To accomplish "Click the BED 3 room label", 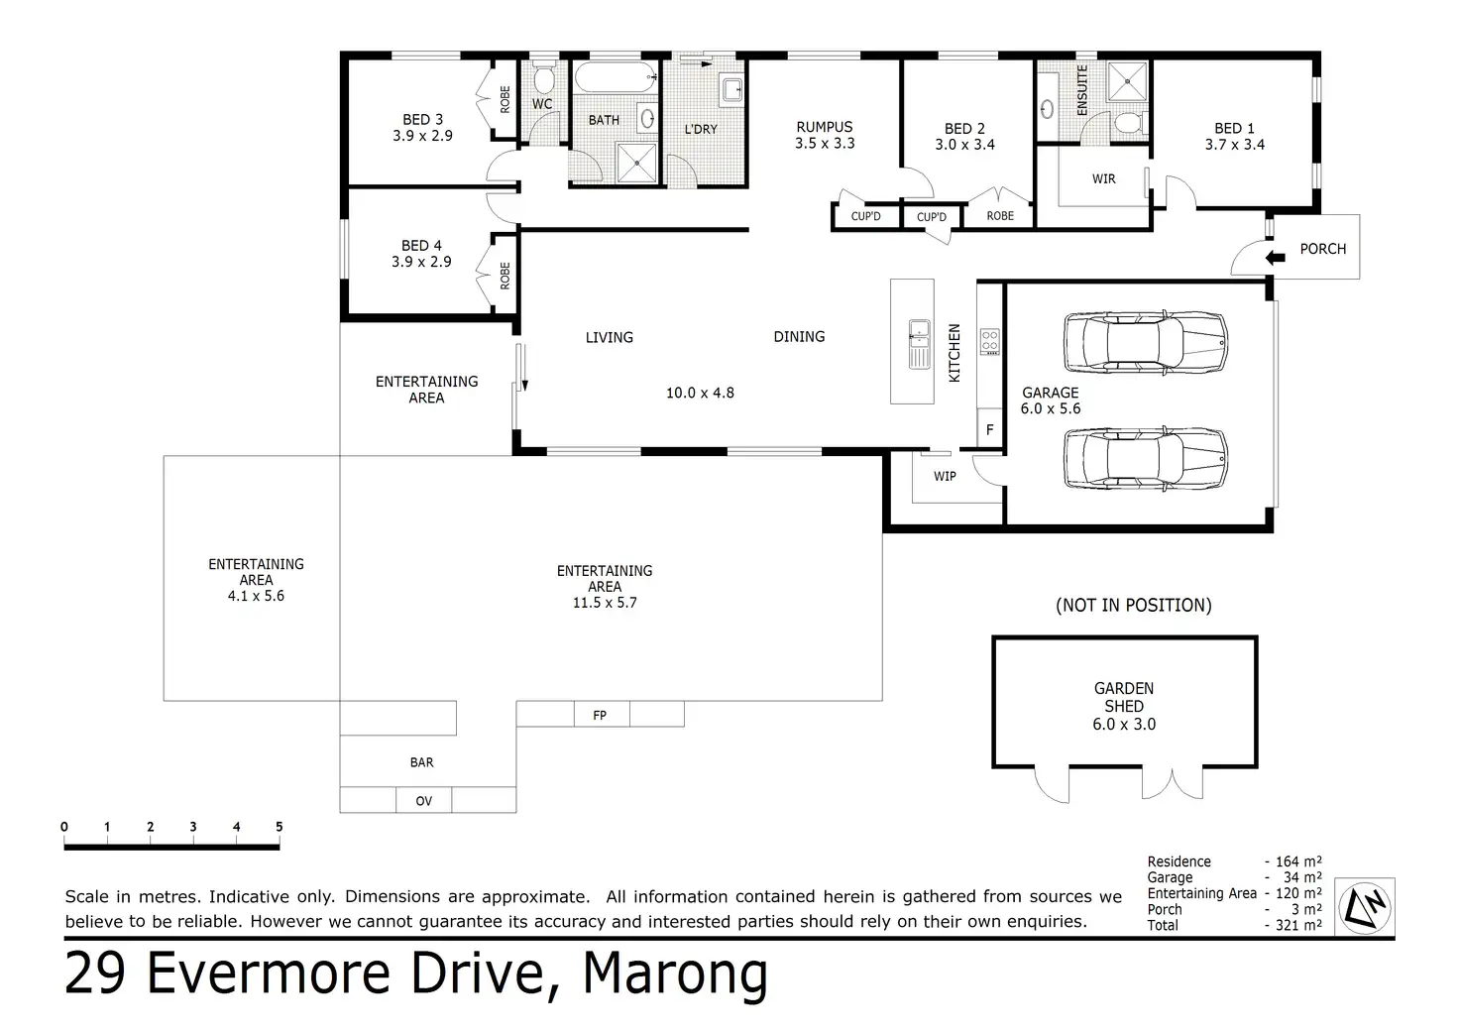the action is coord(422,120).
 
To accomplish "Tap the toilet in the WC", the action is coord(543,77).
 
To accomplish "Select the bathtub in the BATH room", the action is coord(616,77).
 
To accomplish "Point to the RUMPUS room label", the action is coord(824,127).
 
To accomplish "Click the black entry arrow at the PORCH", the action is coord(1275,258).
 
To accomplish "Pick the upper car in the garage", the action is coord(1146,343).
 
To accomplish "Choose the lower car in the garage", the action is coord(1146,459).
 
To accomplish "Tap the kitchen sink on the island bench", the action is coord(920,344).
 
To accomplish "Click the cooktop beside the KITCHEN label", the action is coord(989,342).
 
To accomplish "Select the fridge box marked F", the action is coord(989,429).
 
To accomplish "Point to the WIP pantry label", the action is coord(945,476).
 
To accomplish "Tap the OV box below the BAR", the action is coord(423,800).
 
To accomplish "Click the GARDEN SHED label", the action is coord(1124,697).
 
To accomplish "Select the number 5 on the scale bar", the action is coord(279,826).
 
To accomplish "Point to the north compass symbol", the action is coord(1365,907).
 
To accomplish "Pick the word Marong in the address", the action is coord(675,975).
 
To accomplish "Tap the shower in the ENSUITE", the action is coord(1127,81).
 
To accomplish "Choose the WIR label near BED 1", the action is coord(1103,178).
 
